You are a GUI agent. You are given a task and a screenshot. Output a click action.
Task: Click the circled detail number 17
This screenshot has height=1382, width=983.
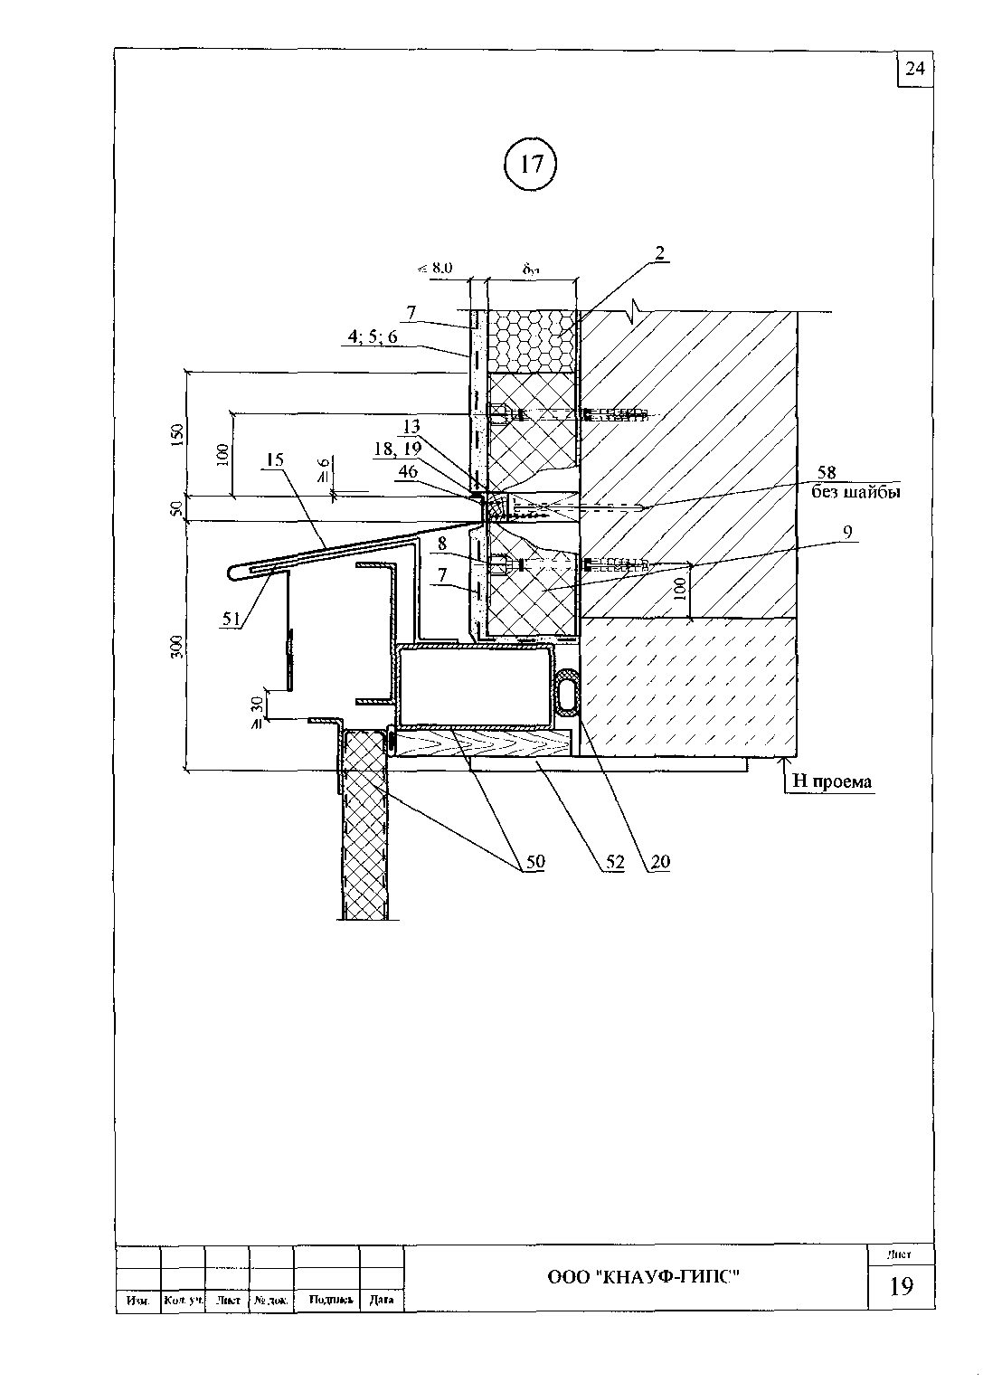tap(532, 164)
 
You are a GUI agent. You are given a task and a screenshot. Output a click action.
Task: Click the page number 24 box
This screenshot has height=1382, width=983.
tap(915, 69)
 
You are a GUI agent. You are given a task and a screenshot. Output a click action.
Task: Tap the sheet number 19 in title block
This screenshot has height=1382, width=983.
tap(901, 1285)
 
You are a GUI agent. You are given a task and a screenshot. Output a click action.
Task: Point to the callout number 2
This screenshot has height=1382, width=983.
tap(660, 253)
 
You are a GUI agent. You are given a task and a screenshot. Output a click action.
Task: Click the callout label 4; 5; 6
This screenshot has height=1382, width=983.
tap(372, 337)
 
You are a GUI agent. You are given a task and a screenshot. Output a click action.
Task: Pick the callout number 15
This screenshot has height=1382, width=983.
tap(275, 459)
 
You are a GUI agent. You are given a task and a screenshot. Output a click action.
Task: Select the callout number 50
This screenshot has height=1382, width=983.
tap(535, 862)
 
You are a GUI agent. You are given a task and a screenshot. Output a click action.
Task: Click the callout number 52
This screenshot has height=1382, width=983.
tap(615, 862)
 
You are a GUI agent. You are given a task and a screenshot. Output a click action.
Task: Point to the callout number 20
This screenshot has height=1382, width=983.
tap(660, 862)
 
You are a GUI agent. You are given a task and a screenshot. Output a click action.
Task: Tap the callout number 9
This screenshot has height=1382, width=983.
tap(847, 533)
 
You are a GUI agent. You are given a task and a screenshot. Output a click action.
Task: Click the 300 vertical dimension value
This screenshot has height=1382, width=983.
tap(177, 646)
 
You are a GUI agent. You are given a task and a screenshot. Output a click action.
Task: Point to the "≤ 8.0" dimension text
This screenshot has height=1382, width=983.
tap(434, 268)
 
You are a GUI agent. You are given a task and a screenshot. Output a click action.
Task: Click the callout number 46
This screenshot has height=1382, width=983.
tap(408, 471)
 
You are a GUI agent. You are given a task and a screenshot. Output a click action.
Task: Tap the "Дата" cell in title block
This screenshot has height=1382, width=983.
tap(382, 1300)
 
